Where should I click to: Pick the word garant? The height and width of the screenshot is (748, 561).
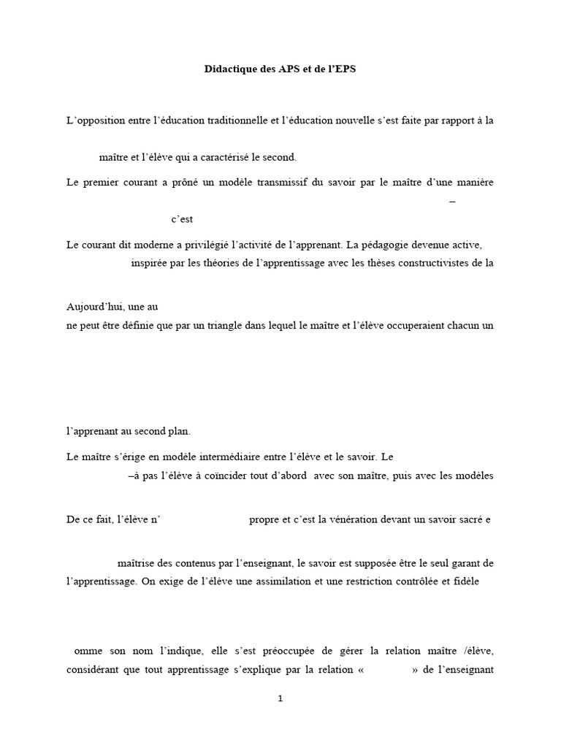459,563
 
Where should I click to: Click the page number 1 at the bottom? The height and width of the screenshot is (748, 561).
280,698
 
